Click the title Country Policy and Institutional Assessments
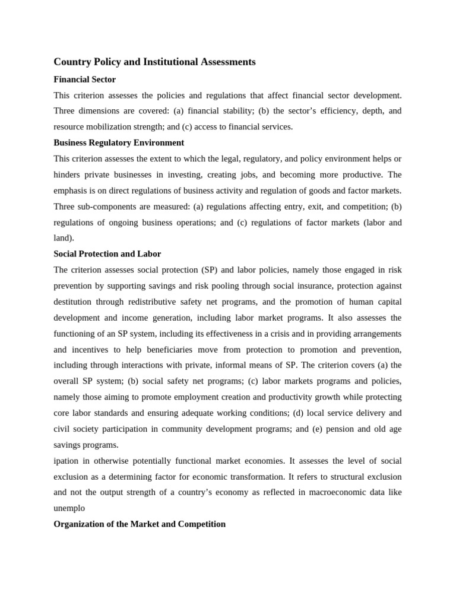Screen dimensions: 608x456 pos(154,62)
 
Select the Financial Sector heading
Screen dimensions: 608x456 pos(84,80)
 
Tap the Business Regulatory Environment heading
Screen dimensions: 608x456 pos(119,143)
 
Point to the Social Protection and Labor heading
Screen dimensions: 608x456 pos(107,254)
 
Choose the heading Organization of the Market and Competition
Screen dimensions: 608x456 pos(140,524)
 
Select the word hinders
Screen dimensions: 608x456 pos(68,175)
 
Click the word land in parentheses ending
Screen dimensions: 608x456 pos(62,238)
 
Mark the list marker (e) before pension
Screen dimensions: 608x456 pos(313,429)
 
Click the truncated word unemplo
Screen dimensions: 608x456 pos(69,508)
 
